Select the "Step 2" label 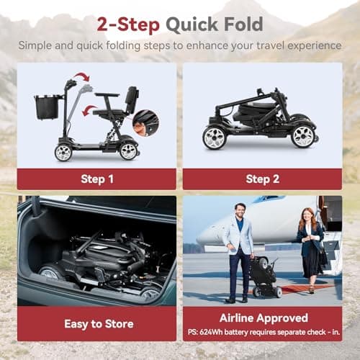[x=262, y=179]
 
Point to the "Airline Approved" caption [x=262, y=318]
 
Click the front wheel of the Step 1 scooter [x=63, y=152]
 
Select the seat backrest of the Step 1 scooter [x=132, y=99]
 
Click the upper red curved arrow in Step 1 [x=81, y=78]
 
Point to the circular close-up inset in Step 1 [x=146, y=122]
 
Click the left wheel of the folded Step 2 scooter [x=215, y=136]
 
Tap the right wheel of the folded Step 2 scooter [x=304, y=135]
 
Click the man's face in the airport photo [x=240, y=210]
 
